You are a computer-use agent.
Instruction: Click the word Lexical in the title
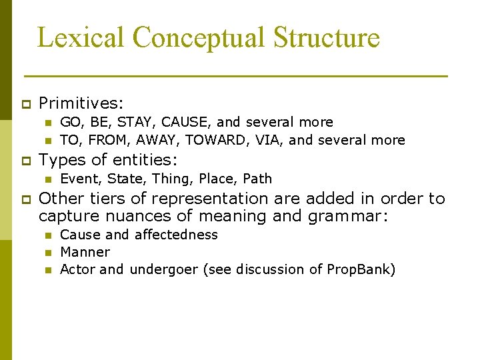(71, 37)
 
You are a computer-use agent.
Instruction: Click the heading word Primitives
(81, 103)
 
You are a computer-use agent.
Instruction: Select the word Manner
(85, 252)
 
